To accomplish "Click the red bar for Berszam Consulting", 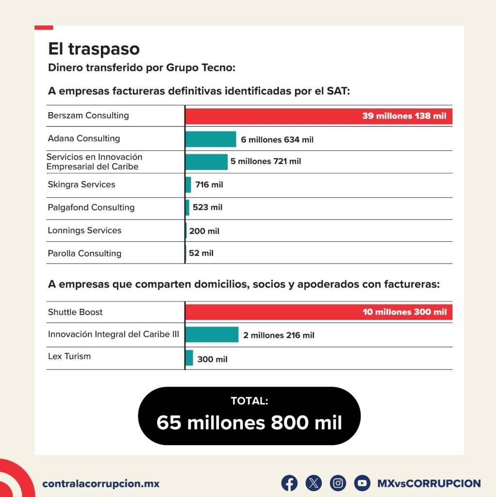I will (x=318, y=116).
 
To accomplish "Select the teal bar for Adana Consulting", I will (x=211, y=139).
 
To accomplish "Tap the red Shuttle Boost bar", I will (x=318, y=312).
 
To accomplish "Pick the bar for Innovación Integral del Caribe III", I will (x=212, y=335).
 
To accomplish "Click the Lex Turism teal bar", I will (x=189, y=358).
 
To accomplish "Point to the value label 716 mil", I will (x=209, y=185).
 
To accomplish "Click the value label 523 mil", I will (x=207, y=207).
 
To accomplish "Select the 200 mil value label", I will (x=204, y=231).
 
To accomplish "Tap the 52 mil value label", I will (x=201, y=253).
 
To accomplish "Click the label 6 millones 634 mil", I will (x=277, y=140).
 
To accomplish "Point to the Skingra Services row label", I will (x=82, y=184).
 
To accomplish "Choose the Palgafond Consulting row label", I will (x=91, y=207).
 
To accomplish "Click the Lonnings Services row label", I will (x=84, y=230).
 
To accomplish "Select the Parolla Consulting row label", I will (x=84, y=253).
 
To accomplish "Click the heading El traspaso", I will (x=94, y=49).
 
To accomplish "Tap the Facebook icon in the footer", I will (x=289, y=483).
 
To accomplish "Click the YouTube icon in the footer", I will (x=362, y=483).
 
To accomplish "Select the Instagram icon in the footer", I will (x=338, y=483).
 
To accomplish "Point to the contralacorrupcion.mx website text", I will (x=101, y=484).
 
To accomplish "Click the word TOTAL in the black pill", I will (x=249, y=401).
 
